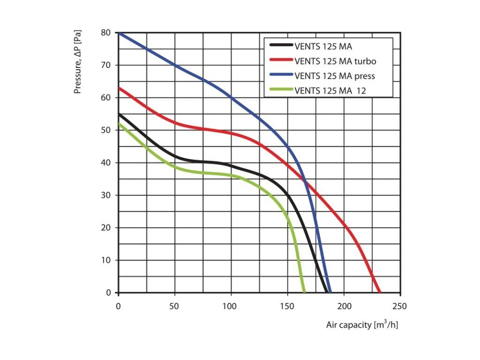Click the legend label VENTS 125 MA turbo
click(x=335, y=61)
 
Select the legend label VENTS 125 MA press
click(x=335, y=75)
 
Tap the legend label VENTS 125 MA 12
click(x=330, y=90)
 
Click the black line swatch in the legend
click(x=281, y=46)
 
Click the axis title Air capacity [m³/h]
click(x=362, y=324)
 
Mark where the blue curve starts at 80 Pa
click(x=119, y=33)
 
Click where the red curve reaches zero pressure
click(x=379, y=292)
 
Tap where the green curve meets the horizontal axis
click(x=304, y=292)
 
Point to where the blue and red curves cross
click(x=305, y=181)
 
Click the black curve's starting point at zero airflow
click(x=119, y=114)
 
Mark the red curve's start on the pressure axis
click(x=119, y=88)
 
